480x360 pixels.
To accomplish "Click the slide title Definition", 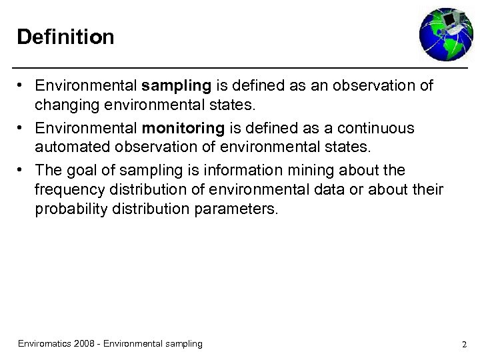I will coord(65,37).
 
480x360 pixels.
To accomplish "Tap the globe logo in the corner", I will coord(445,34).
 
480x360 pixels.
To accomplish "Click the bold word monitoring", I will coord(182,128).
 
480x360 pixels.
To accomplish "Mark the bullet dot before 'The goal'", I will coord(22,170).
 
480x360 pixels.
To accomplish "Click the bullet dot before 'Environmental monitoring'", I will coord(22,128).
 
